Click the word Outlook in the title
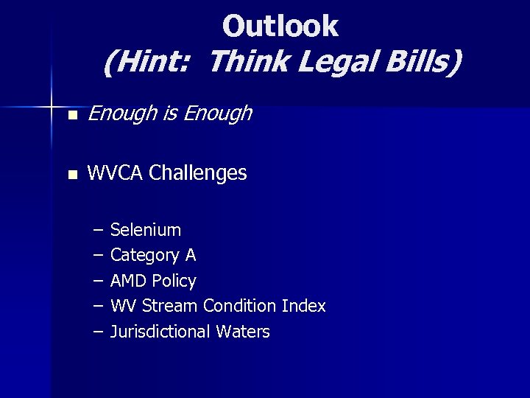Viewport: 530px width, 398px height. coord(280,27)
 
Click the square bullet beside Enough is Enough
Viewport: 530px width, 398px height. coord(71,115)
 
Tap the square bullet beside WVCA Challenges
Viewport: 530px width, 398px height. coord(71,175)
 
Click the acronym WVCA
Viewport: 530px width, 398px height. coord(115,174)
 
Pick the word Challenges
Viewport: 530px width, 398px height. coord(197,174)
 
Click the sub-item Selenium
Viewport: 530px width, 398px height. coord(146,230)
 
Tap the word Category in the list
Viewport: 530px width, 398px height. coord(144,256)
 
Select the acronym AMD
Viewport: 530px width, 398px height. coord(128,281)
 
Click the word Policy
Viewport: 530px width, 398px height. coord(174,281)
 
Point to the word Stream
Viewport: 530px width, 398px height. coord(169,306)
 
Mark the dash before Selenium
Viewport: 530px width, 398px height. coord(98,230)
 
